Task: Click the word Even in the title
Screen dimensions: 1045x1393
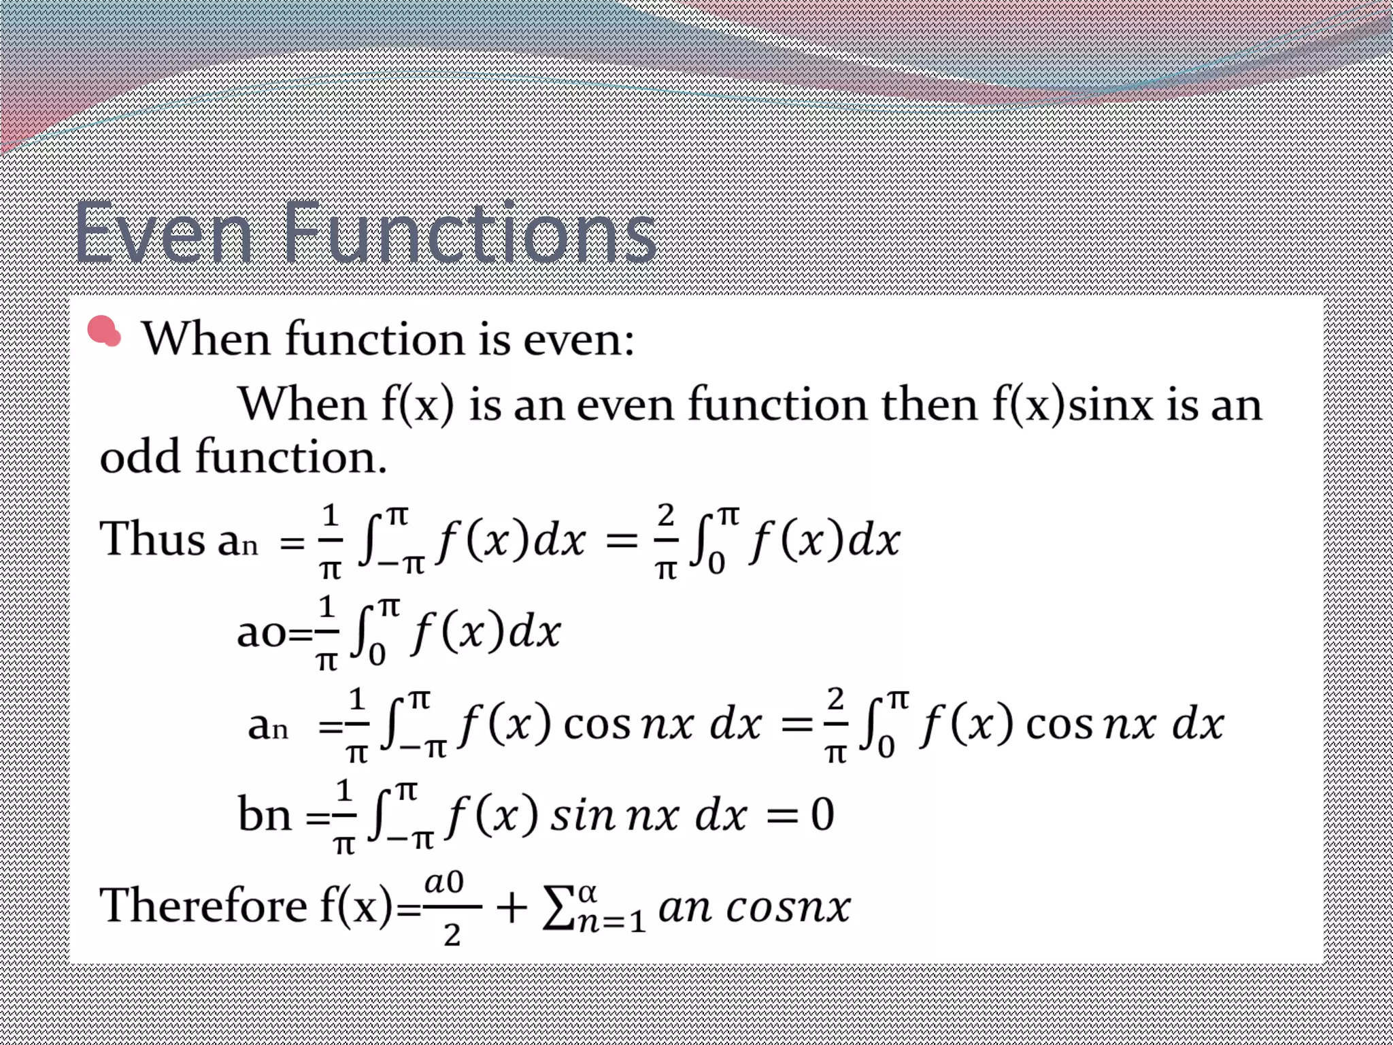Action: pos(163,233)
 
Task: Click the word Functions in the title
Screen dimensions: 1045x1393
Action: pos(469,233)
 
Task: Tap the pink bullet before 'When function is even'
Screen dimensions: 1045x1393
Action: pos(104,331)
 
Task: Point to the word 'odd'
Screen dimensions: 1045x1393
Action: pos(140,457)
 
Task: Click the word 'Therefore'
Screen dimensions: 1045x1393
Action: pos(203,906)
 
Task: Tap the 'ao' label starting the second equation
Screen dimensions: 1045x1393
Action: pos(261,633)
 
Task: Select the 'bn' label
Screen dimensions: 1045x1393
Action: pos(264,814)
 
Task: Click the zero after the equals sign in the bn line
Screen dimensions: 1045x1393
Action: pos(822,814)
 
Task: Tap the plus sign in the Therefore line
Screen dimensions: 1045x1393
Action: pos(511,908)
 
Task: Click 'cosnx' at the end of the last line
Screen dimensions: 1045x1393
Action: pos(788,908)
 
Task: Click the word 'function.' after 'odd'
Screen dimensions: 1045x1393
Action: pos(291,457)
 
